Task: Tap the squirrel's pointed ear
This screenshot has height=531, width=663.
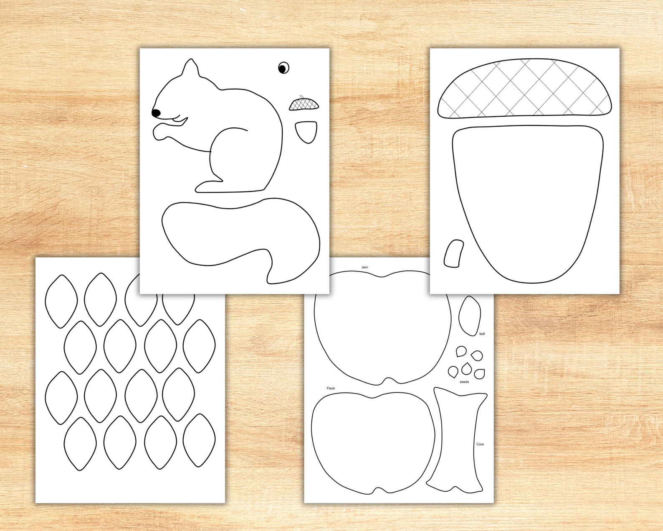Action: point(190,69)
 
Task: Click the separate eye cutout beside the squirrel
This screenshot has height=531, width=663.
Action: point(283,68)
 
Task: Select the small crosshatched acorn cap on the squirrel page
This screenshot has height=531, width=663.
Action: point(304,104)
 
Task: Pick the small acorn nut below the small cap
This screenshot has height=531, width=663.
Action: point(306,131)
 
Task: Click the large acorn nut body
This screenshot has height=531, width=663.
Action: point(528,201)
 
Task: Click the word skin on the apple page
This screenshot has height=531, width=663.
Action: point(365,267)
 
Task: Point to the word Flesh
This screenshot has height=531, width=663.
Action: point(331,388)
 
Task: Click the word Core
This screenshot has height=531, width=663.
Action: point(480,444)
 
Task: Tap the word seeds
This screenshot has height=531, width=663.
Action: point(464,382)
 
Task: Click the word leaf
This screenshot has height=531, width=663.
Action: point(482,334)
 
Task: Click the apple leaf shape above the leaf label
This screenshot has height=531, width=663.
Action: point(469,316)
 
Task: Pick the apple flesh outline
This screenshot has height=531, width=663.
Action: point(372,443)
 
